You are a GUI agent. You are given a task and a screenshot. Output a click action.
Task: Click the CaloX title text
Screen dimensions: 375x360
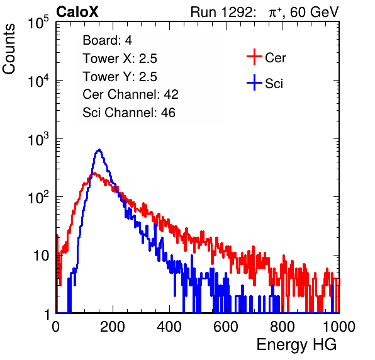(x=77, y=12)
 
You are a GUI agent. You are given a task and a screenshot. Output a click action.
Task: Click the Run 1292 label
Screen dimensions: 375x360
(x=221, y=12)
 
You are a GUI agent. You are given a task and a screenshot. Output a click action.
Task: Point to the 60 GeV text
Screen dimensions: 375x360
(x=314, y=13)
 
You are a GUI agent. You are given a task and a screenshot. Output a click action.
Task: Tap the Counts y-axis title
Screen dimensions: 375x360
(x=9, y=49)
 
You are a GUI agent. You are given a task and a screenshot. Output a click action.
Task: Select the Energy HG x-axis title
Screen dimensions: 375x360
(x=296, y=345)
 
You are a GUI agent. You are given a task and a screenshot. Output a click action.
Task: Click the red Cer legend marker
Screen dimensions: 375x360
(x=254, y=57)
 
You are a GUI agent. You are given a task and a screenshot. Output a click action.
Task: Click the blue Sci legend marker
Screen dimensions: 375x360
(x=254, y=83)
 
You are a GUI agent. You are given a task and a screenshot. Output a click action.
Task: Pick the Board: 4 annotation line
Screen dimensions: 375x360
(x=107, y=40)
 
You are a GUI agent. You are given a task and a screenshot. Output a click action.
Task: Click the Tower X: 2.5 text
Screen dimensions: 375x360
(x=120, y=59)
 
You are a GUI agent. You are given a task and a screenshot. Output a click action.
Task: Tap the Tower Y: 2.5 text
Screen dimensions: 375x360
(x=120, y=77)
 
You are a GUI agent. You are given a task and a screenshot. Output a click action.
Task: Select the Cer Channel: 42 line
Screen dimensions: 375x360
(x=131, y=94)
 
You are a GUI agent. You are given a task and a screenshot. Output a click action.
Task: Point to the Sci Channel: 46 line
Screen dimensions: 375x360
(x=129, y=113)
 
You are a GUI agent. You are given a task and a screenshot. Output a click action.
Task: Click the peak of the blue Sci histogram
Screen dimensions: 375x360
(x=99, y=150)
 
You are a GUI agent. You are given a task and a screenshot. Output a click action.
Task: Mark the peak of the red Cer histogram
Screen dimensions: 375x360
(x=94, y=173)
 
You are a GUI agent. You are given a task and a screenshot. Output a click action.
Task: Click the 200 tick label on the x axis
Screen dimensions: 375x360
(x=113, y=327)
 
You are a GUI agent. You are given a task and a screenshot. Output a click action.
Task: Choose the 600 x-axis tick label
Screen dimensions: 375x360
(x=226, y=327)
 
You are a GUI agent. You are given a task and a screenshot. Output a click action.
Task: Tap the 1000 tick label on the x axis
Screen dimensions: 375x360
(x=339, y=327)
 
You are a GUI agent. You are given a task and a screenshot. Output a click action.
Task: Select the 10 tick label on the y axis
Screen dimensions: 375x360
(x=42, y=256)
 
